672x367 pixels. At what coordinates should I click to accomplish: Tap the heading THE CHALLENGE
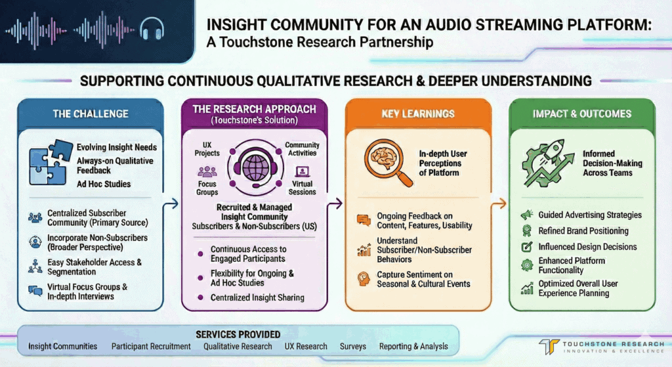[90, 114]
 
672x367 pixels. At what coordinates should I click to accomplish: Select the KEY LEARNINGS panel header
[418, 114]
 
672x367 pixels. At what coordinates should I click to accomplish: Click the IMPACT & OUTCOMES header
[581, 114]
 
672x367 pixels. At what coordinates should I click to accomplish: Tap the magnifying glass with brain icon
[383, 160]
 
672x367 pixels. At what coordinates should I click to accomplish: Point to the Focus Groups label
[207, 188]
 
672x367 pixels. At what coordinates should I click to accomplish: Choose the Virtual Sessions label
[303, 188]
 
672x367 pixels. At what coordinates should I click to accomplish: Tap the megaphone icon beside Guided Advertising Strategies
[525, 215]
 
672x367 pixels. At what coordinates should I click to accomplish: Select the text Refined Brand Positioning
[583, 231]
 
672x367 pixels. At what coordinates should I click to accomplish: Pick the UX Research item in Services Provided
[306, 346]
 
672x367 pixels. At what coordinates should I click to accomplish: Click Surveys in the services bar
[353, 346]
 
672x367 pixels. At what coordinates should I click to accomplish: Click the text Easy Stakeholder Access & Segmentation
[94, 267]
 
